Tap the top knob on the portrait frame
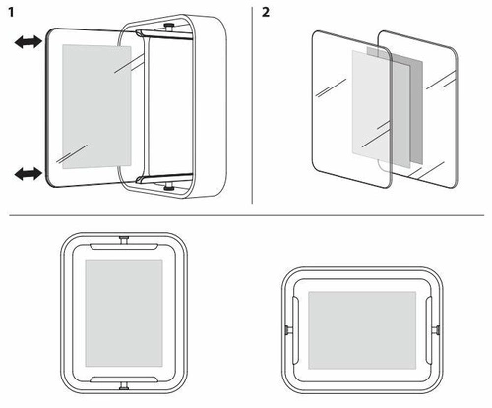[x=124, y=239]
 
